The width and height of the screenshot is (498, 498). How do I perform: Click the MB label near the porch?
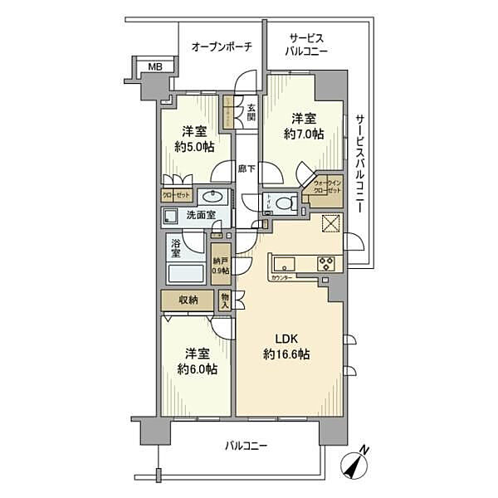tap(154, 67)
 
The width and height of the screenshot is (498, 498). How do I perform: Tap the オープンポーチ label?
tap(222, 47)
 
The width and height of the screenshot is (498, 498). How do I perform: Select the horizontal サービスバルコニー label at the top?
tap(309, 45)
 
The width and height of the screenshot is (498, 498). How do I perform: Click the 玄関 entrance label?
tap(251, 110)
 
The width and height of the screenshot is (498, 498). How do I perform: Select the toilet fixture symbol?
tap(284, 202)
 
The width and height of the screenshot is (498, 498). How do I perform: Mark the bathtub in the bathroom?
tap(187, 273)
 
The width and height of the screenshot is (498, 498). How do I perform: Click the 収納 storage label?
tap(188, 300)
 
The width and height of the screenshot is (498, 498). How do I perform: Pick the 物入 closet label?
tap(226, 300)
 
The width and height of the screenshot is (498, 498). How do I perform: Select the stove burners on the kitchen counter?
tap(325, 265)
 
